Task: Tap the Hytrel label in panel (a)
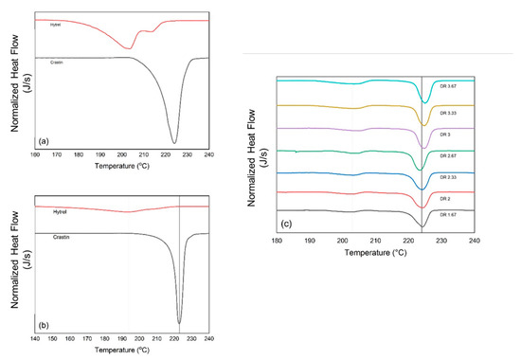pos(55,26)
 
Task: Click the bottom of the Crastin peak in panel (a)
pos(173,142)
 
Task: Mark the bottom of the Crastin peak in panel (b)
pos(179,323)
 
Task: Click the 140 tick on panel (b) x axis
pos(35,339)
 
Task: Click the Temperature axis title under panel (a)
pos(122,165)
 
